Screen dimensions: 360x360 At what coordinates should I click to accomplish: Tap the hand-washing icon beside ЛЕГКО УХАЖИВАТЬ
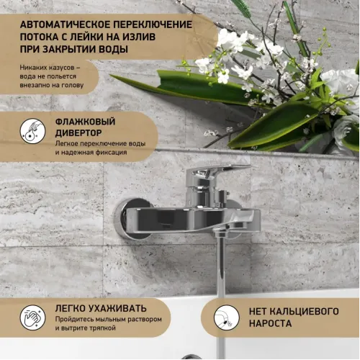pos(31,315)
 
